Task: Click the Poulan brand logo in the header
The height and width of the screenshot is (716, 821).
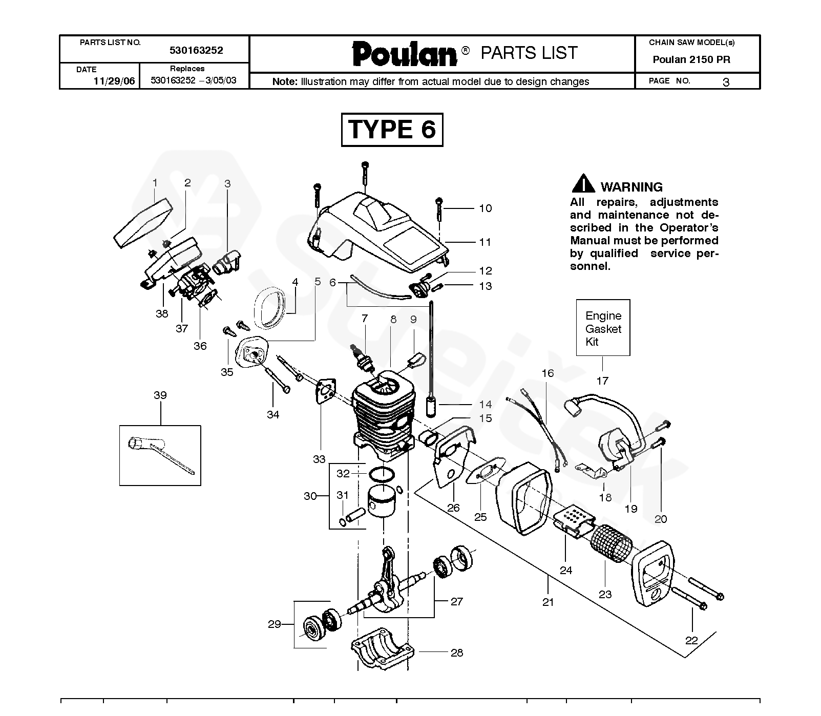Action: [x=405, y=54]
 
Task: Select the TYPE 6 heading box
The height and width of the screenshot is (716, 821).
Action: [x=392, y=130]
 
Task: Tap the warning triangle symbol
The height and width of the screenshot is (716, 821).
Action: [x=583, y=184]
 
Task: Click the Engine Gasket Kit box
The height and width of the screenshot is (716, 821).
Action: [x=603, y=328]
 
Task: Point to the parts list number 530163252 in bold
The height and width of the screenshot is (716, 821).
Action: [x=196, y=50]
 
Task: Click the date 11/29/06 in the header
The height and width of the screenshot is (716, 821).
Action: [x=114, y=81]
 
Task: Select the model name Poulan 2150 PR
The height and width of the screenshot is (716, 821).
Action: [x=691, y=59]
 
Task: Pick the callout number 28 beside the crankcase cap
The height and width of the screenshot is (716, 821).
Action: [x=457, y=652]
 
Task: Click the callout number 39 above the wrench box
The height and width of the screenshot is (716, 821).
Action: [x=160, y=395]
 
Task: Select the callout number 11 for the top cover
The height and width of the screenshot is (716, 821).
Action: [x=485, y=242]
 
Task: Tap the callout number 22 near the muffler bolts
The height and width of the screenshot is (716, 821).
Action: [x=691, y=640]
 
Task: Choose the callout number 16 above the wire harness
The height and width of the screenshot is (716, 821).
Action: [x=548, y=373]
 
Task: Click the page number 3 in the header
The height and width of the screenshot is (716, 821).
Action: [x=726, y=82]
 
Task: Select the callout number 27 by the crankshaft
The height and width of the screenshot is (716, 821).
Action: [x=457, y=601]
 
